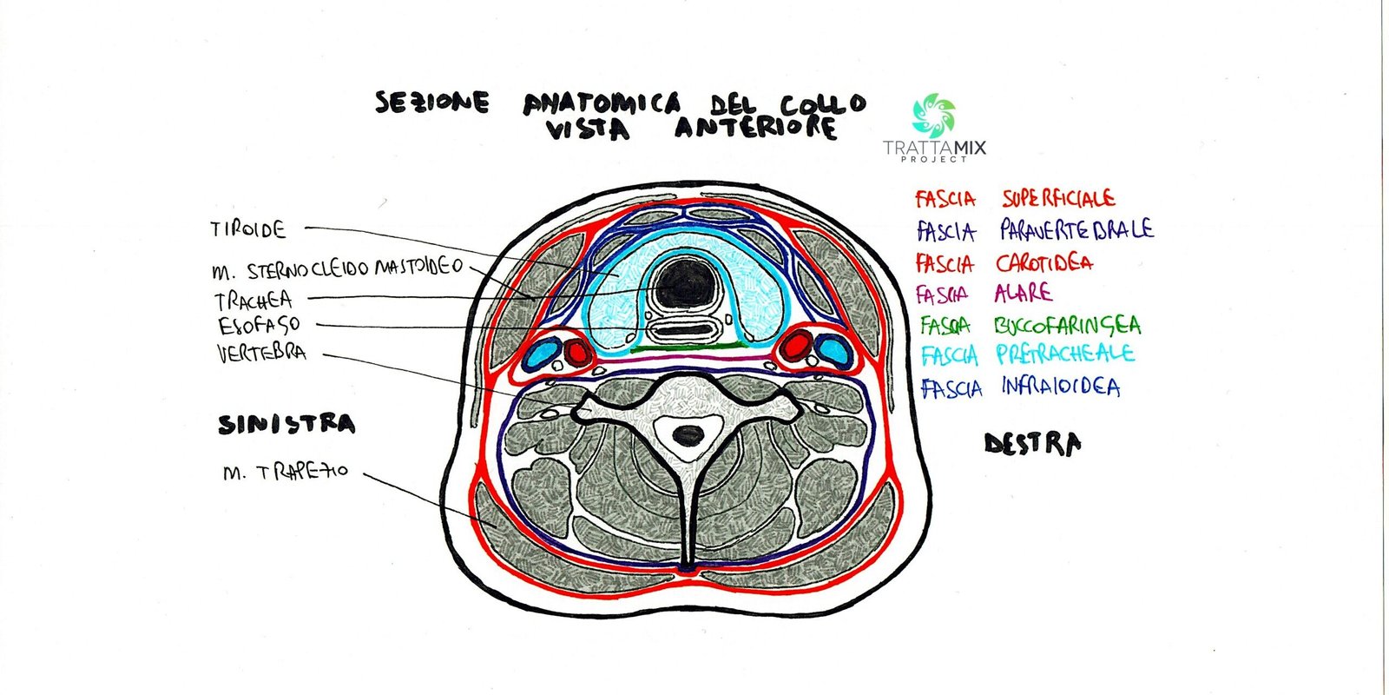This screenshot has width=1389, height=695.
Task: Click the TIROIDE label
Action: click(x=248, y=230)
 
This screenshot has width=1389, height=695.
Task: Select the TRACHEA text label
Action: click(x=253, y=301)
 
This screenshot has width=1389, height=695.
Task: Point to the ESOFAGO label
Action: click(x=259, y=326)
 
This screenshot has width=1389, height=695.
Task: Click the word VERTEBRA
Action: click(x=261, y=353)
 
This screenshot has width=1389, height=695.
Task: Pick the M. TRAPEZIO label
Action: click(x=285, y=472)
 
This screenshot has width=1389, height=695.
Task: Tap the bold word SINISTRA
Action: click(x=286, y=425)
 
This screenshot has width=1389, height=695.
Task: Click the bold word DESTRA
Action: click(x=1032, y=445)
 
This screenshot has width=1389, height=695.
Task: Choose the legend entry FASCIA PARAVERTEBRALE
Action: click(x=1034, y=230)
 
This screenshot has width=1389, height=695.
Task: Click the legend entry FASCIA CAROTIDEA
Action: click(x=1004, y=262)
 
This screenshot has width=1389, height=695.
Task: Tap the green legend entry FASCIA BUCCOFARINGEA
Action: click(x=1030, y=326)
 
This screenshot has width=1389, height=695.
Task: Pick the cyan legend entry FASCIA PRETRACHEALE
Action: click(x=1027, y=354)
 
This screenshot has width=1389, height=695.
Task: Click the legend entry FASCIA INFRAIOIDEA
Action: click(x=1020, y=387)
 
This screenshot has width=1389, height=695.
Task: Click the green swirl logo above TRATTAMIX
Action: click(x=934, y=116)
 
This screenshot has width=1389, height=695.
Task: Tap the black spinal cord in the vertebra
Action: click(x=688, y=434)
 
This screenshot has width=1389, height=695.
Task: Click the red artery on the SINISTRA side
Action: click(x=576, y=351)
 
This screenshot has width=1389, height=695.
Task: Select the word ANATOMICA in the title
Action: click(x=602, y=104)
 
